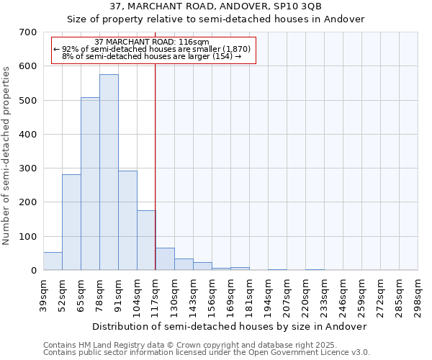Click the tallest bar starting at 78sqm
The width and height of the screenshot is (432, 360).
coord(109,173)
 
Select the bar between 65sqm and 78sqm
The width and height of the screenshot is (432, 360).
coord(90,184)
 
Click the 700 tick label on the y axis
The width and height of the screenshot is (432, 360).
coord(27,32)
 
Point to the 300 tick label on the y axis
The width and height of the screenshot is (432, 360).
coord(27,168)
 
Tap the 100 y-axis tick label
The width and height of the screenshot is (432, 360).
coord(27,237)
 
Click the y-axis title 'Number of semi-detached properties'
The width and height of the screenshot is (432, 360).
coord(6,155)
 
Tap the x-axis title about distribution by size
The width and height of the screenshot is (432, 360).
coord(230,326)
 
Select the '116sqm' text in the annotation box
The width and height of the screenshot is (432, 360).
coord(193,42)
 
